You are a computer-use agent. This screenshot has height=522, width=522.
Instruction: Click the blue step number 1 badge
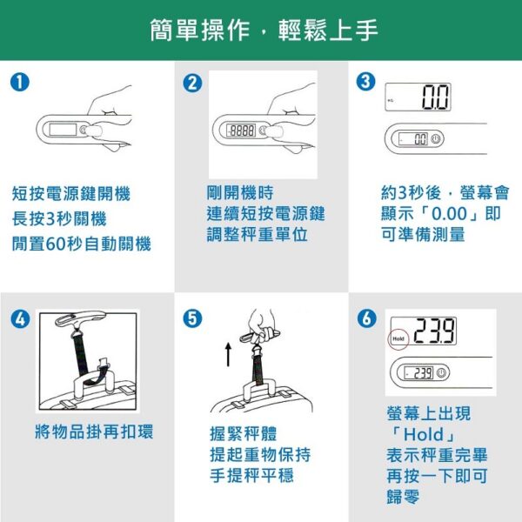click(x=20, y=83)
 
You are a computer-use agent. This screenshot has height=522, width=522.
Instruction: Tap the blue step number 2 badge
click(x=193, y=83)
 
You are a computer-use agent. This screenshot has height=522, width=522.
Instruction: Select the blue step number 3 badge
click(x=366, y=82)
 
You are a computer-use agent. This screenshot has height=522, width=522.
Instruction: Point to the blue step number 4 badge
click(x=20, y=319)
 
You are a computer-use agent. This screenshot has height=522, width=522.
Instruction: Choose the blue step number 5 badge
click(x=193, y=318)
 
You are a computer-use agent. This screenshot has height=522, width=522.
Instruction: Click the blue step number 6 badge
click(x=367, y=318)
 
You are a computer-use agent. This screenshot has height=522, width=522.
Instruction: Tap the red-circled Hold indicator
click(x=398, y=339)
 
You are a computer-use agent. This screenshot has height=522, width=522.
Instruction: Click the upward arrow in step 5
click(x=228, y=355)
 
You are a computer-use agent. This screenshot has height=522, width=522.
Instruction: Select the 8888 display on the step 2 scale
click(x=241, y=130)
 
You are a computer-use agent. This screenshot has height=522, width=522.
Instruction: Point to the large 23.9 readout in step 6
click(x=434, y=331)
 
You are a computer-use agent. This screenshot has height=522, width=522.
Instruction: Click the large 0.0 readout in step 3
click(x=436, y=97)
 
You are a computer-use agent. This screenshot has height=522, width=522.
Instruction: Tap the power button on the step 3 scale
click(x=436, y=139)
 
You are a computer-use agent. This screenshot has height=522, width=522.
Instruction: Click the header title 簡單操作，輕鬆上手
click(x=264, y=30)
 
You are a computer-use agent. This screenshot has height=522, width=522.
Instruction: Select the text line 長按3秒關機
click(x=59, y=218)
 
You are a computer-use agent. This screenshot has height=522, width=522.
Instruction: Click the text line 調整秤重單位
click(x=257, y=234)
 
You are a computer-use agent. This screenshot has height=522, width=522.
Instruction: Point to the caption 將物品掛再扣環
click(x=94, y=432)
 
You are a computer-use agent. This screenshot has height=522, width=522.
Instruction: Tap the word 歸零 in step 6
click(x=404, y=497)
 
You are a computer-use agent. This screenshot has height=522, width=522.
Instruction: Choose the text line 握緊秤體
click(x=244, y=434)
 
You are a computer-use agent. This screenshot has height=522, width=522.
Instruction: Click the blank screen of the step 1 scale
click(x=63, y=129)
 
